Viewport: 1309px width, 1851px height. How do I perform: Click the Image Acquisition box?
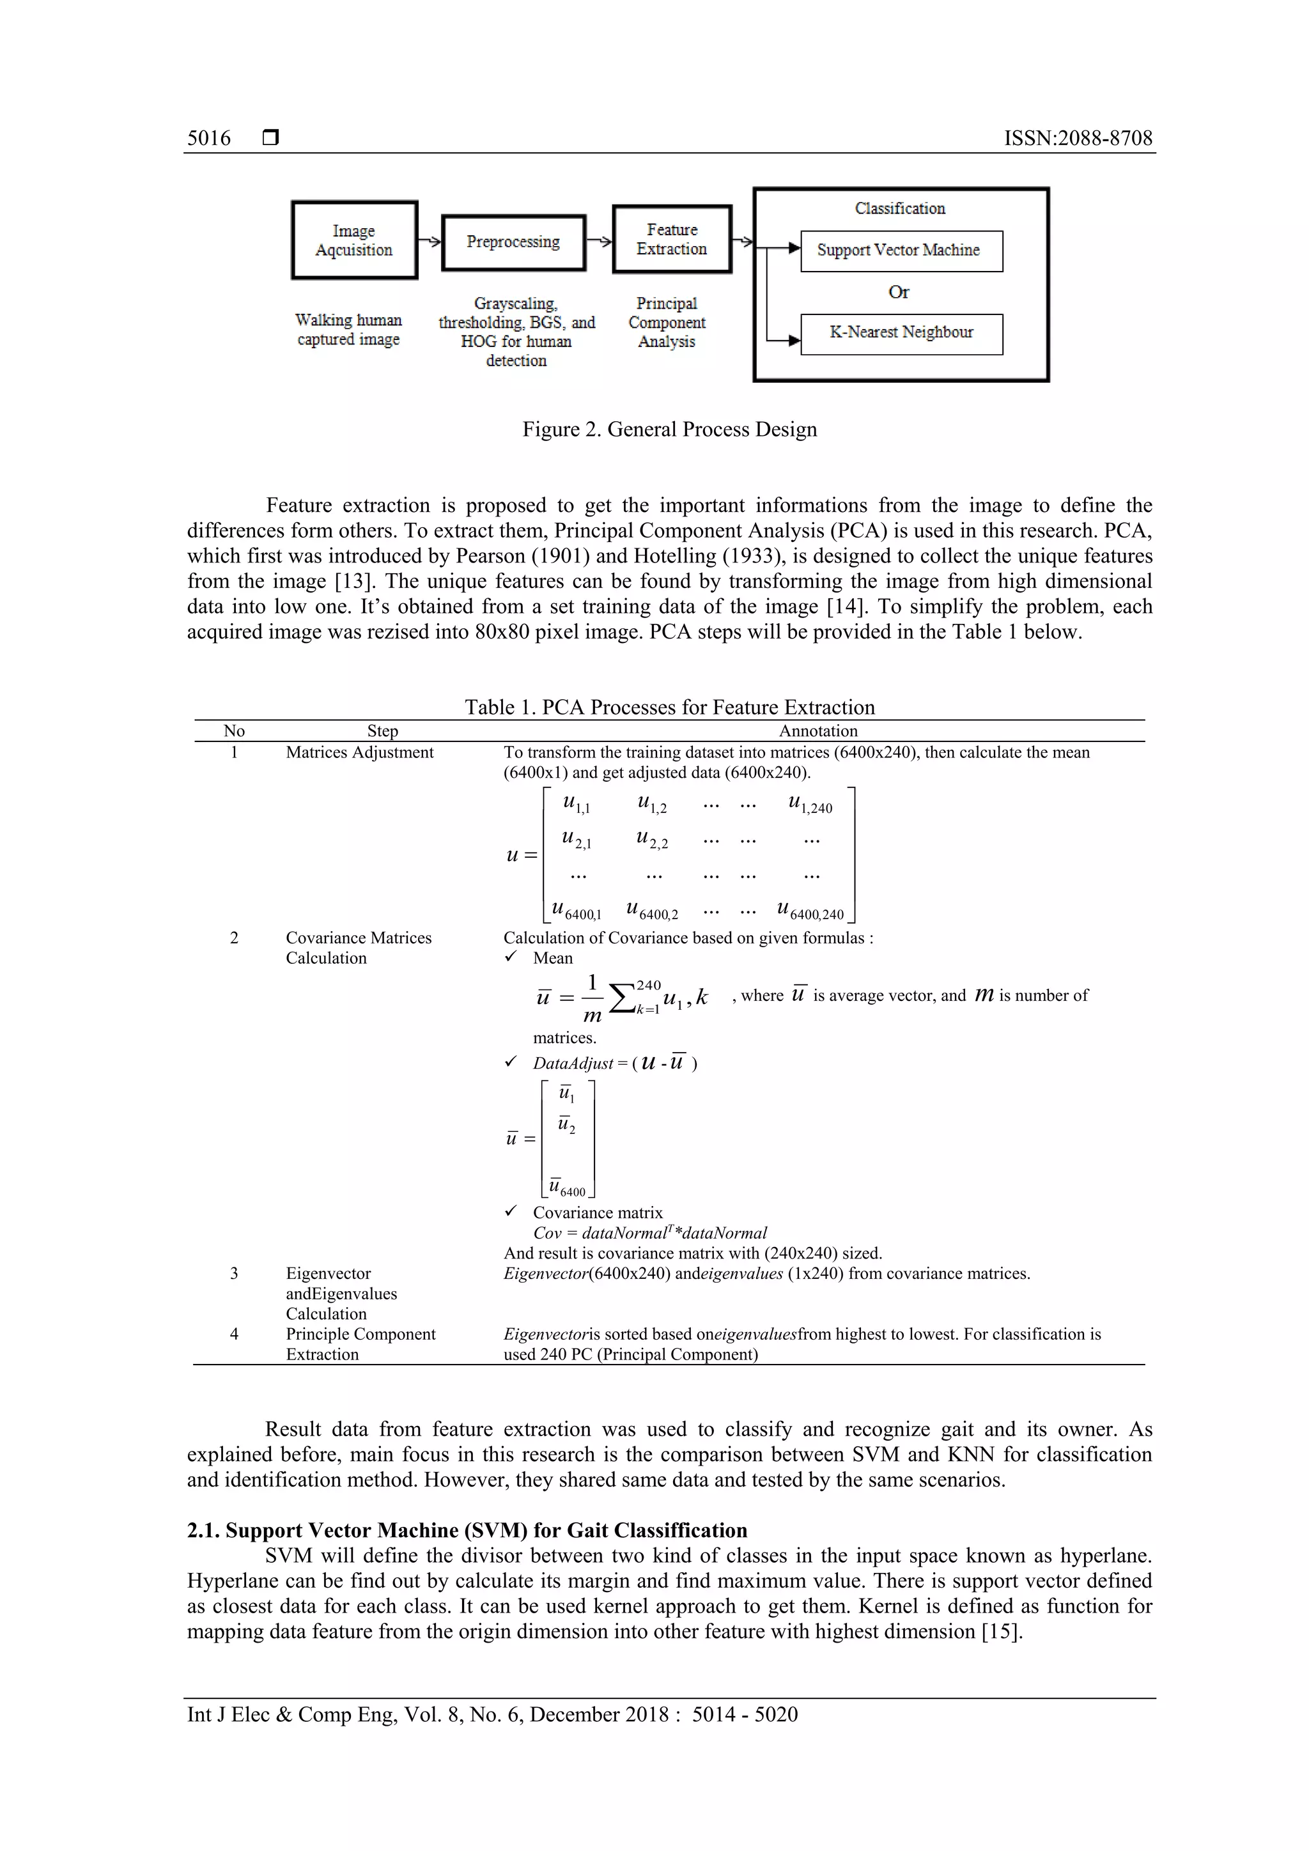(354, 240)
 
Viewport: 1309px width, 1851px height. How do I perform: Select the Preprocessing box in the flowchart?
(513, 242)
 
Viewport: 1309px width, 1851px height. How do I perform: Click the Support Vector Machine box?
(901, 251)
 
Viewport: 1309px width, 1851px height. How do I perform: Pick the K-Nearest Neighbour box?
(901, 333)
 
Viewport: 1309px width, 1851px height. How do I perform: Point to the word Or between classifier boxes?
(899, 293)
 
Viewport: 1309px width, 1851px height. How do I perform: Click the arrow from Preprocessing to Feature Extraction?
(599, 240)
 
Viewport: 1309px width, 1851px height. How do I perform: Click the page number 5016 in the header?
(209, 139)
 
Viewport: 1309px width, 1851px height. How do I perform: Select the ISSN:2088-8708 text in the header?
(1077, 139)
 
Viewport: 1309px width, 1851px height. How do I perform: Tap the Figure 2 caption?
(669, 430)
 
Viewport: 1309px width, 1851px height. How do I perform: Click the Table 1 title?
(669, 707)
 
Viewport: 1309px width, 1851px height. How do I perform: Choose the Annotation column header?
(817, 731)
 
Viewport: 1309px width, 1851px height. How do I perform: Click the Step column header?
(382, 731)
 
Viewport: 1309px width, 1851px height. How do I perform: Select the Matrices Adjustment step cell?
(359, 752)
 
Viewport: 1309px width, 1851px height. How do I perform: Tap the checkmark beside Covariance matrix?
(510, 1212)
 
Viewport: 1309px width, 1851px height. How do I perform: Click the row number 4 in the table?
(234, 1334)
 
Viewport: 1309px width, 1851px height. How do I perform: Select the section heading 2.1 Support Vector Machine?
(467, 1530)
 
